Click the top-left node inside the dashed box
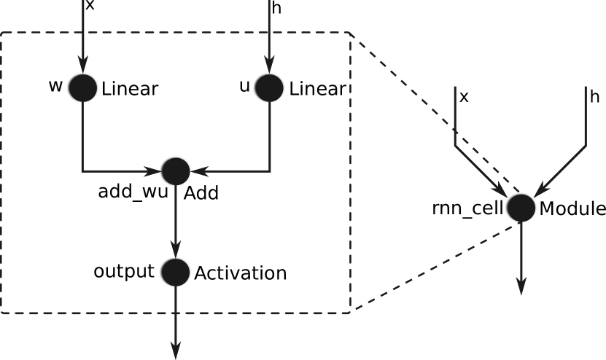82,87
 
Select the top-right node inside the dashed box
269,87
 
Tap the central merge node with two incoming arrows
175,171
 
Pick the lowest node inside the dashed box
175,272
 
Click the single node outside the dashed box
521,208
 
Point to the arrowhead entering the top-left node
82,66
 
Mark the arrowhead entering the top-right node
269,66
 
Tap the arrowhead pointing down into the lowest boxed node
175,250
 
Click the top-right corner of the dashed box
351,33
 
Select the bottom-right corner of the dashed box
351,313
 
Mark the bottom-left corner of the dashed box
1,313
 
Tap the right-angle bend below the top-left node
82,171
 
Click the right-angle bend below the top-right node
270,171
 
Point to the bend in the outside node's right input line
586,146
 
